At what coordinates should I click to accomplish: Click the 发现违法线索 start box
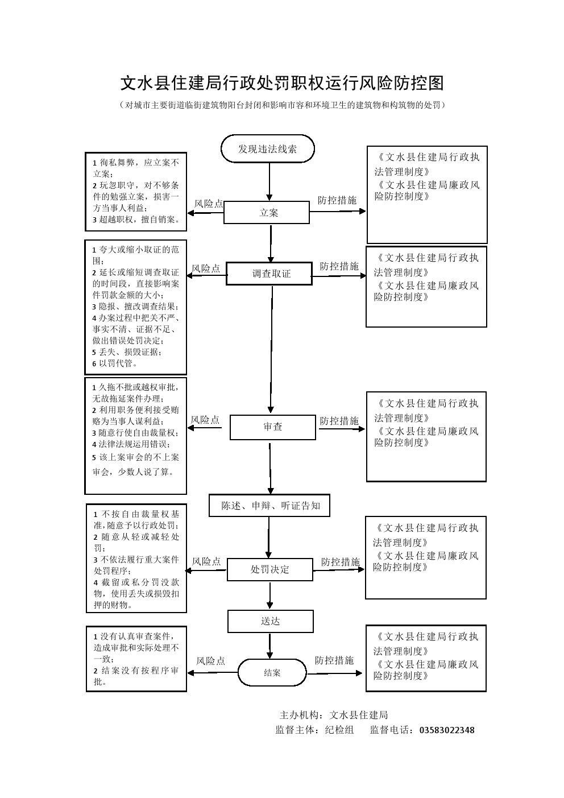(x=267, y=149)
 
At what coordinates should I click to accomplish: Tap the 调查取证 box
(x=269, y=274)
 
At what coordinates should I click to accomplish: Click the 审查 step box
(x=272, y=427)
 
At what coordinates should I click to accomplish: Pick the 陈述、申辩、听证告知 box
(x=269, y=506)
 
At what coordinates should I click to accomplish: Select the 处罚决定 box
(x=269, y=569)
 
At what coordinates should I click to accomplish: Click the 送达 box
(x=270, y=621)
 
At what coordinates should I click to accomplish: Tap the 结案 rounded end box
(x=272, y=673)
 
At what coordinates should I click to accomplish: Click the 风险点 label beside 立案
(x=209, y=204)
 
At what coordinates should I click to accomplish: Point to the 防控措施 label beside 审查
(x=339, y=421)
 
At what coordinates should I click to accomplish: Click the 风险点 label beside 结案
(x=210, y=661)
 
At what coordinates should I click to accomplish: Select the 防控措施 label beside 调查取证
(x=339, y=266)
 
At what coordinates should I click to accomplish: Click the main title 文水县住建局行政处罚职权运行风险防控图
(x=281, y=84)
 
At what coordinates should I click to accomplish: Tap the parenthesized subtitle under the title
(x=281, y=105)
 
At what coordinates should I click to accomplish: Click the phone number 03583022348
(x=446, y=730)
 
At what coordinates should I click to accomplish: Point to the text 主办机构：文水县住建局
(x=334, y=715)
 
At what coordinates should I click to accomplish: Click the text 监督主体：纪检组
(x=314, y=730)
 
